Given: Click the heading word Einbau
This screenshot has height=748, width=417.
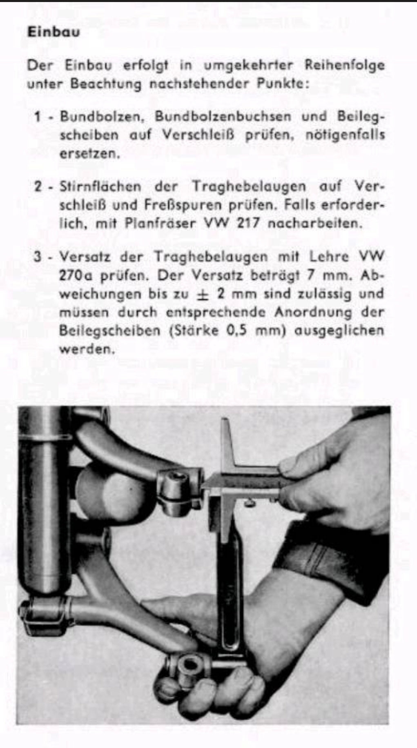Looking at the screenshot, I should pos(54,32).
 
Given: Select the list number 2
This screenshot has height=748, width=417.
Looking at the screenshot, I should pos(38,187).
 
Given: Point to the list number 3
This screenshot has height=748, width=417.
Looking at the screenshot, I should pos(38,257).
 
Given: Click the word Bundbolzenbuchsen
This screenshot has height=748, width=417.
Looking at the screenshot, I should pos(223,117).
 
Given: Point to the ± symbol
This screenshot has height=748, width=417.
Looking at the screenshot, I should pos(201,295).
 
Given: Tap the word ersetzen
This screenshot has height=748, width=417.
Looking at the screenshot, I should pos(89,154).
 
